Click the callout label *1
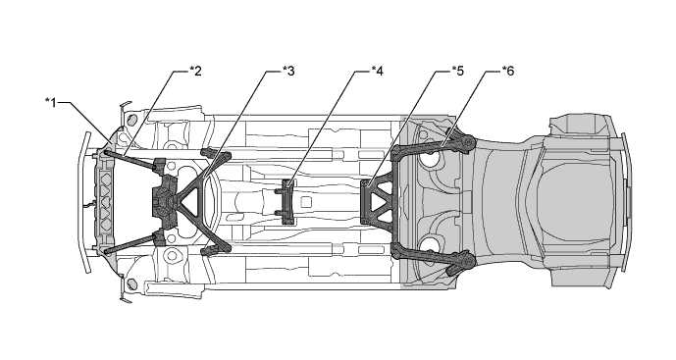[51, 103]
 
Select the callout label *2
[195, 71]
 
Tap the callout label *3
[288, 71]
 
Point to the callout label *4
[377, 71]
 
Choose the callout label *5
[458, 71]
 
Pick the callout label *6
[508, 71]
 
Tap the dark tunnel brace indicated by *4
[286, 202]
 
